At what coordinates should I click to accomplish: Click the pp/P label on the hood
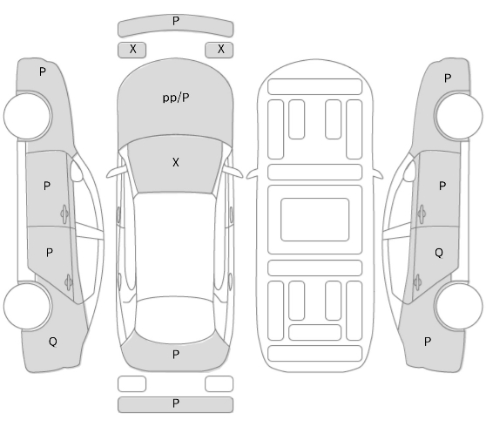176,98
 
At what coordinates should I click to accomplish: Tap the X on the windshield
176,162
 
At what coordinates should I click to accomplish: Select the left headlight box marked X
132,50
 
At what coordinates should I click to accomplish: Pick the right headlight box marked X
219,50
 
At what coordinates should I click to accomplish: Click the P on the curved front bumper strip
176,21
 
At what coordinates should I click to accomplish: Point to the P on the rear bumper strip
176,403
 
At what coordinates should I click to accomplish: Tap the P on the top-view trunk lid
176,355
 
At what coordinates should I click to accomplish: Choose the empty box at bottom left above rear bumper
132,384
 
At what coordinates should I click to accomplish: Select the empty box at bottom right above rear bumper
219,384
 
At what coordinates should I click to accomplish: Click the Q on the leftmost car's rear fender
53,342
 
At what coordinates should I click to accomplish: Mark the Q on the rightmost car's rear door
439,253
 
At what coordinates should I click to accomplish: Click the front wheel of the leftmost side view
28,116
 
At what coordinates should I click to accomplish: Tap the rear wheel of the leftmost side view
28,306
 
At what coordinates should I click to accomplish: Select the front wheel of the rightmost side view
458,116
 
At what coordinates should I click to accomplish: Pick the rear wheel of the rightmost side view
458,306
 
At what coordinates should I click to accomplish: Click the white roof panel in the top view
175,245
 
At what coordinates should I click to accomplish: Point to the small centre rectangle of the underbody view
315,220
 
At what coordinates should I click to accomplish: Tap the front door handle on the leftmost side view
64,214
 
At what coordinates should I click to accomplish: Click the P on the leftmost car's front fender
43,72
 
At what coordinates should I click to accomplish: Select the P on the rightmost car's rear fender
428,342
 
